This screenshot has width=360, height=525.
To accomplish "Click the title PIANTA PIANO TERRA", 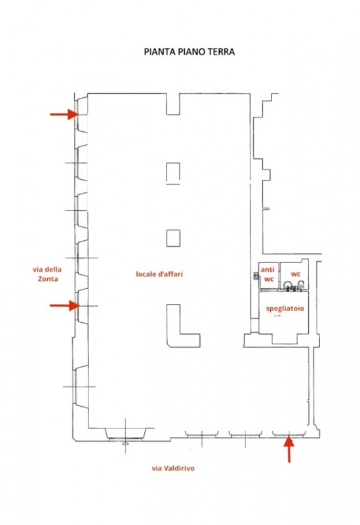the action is pos(189,52).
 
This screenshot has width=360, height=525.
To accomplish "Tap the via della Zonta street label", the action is pos(47,274).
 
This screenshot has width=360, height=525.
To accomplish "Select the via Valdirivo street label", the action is pos(173,468).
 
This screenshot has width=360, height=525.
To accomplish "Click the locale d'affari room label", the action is pos(159,274).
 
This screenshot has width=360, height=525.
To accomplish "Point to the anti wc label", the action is pos(268,274).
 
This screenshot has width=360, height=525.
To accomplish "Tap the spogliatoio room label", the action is pos(285,308).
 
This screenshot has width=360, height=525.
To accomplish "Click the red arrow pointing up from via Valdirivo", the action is pos(289,450).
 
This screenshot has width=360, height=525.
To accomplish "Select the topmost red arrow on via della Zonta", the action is pos(64,114).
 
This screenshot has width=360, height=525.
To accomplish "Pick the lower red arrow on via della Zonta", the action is pos(64,305).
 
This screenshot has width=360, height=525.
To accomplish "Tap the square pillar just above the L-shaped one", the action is pos(173,238).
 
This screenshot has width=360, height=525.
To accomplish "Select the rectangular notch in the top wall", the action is pos(173,104).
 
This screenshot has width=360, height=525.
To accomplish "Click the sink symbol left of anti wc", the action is pos(256,276).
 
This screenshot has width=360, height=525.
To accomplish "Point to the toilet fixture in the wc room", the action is pos(287,285).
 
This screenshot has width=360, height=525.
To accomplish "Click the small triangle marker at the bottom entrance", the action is pos(125,442).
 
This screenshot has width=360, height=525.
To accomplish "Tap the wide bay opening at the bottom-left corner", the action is pos(125,434).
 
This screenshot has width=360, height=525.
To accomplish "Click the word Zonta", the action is pos(47,279).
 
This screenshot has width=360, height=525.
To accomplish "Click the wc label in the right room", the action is pos(296,274).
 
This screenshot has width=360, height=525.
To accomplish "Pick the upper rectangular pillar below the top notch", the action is pos(173,173).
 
